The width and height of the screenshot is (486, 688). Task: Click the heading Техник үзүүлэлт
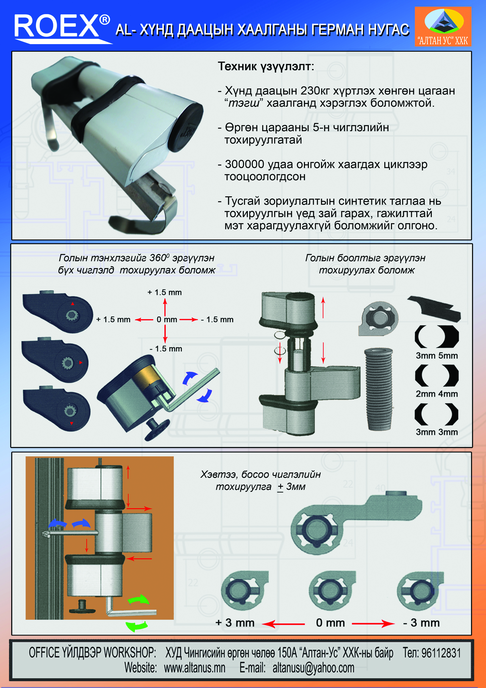pos(266,66)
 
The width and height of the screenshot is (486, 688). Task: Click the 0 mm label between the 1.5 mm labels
pos(167,319)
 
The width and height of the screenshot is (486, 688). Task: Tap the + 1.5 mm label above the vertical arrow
pos(164,292)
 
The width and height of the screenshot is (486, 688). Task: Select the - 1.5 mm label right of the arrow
pos(217,319)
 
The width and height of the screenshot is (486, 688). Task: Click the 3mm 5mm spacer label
pos(437,356)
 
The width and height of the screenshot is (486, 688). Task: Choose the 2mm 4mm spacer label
pos(437,394)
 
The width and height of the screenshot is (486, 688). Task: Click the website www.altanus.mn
pos(195,668)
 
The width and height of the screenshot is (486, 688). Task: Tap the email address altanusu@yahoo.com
pos(313,668)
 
